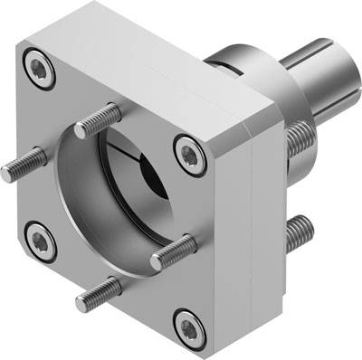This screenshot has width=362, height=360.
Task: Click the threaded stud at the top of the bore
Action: click(x=97, y=120)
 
